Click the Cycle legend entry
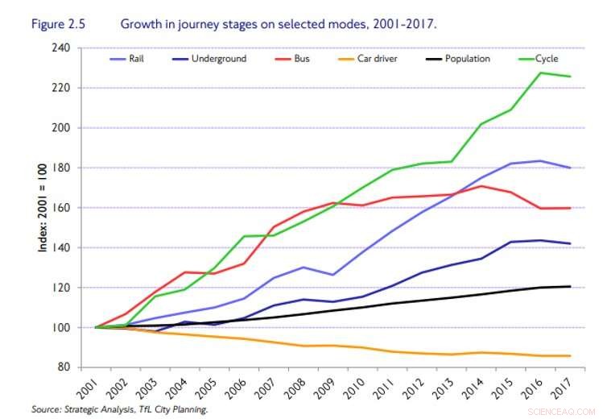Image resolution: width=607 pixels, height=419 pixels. [546, 59]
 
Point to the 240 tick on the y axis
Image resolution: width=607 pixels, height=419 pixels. [61, 48]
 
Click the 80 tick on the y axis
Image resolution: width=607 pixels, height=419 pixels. [64, 367]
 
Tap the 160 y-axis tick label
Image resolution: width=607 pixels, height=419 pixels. [61, 208]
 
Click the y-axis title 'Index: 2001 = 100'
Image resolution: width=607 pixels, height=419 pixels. [42, 208]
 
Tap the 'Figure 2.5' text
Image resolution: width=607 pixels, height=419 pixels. [60, 24]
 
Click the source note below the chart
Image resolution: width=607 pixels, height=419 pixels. [121, 410]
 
